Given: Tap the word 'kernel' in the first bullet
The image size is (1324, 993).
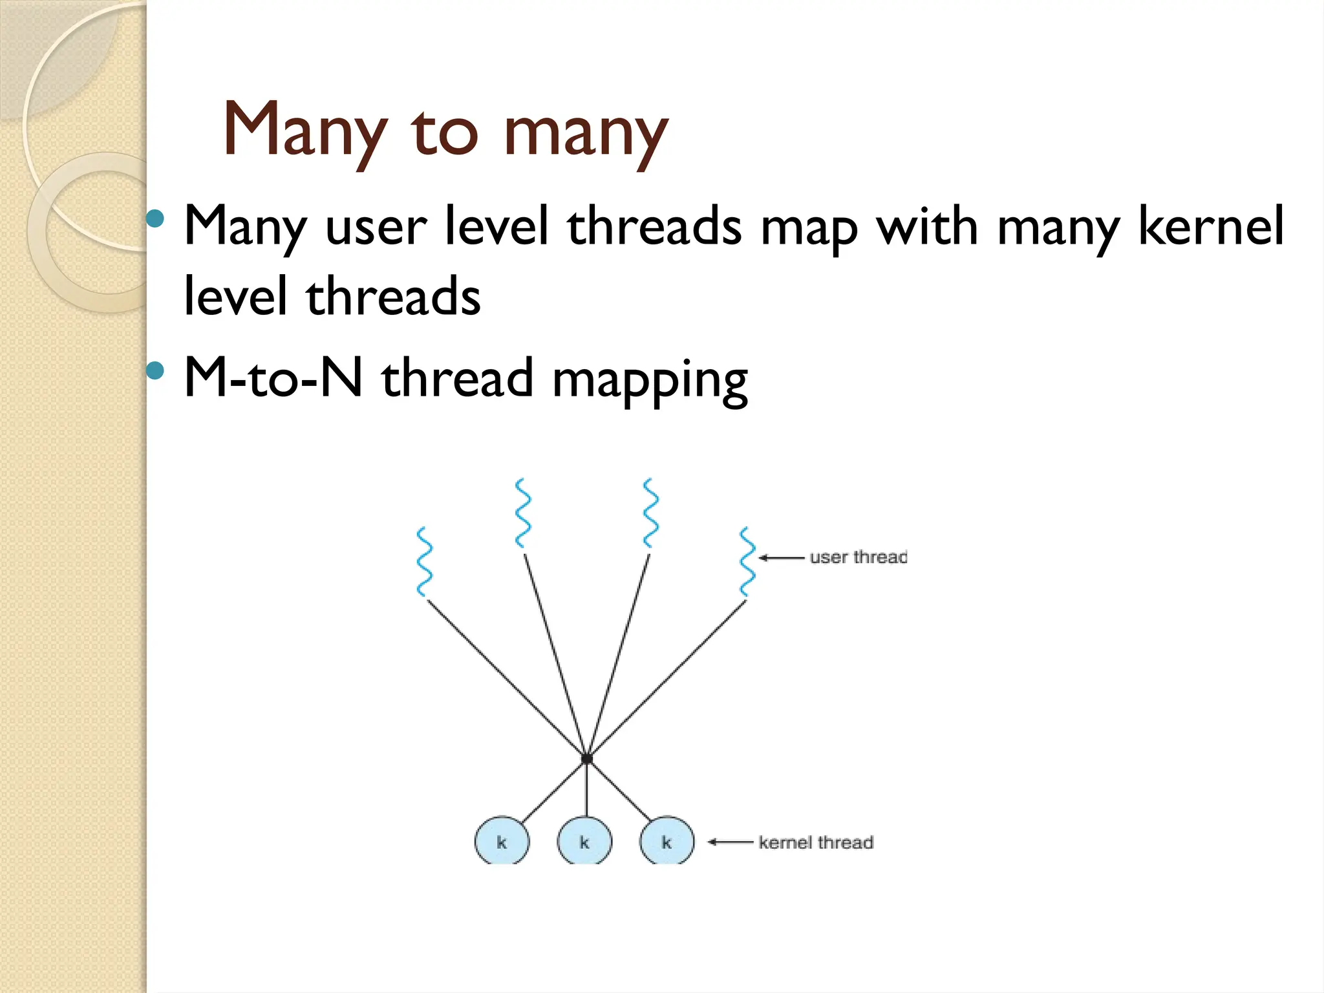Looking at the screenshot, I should (x=1210, y=226).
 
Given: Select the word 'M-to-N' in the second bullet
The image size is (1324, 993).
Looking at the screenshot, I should (x=273, y=378).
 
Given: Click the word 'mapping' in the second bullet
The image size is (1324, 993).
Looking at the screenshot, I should (x=650, y=381).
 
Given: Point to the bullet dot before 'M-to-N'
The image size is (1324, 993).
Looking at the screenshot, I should (x=155, y=371).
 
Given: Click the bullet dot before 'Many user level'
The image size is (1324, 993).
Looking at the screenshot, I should (x=155, y=219).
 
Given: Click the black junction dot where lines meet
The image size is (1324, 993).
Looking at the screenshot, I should (x=586, y=758).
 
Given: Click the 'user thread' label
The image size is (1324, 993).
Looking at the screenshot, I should (x=858, y=557).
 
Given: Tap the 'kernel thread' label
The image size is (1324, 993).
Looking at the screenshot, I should (x=816, y=842).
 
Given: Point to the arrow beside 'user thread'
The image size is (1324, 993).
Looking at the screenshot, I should (x=781, y=557).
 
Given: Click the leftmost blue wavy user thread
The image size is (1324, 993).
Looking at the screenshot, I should (x=424, y=561).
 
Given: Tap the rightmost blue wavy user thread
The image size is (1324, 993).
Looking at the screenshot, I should (x=747, y=561).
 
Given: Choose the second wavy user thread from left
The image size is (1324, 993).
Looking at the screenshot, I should (x=522, y=513).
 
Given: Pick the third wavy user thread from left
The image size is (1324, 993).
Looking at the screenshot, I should (x=650, y=513).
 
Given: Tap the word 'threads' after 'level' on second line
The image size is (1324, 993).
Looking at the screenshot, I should (x=393, y=297).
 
